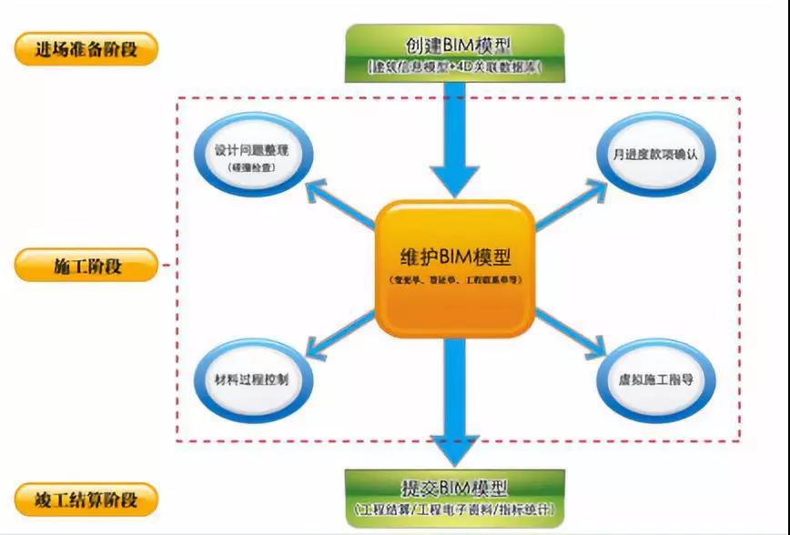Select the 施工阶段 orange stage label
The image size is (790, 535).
(86, 267)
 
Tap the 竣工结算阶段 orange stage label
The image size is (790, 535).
(86, 500)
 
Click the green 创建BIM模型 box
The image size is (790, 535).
(453, 53)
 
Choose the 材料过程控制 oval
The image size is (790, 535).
(255, 379)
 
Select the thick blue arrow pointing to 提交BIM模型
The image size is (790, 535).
(453, 400)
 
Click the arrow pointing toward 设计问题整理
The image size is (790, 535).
(341, 202)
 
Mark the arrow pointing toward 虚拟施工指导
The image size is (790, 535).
(570, 333)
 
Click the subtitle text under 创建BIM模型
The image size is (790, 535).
(453, 68)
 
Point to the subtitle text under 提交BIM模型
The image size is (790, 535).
(453, 510)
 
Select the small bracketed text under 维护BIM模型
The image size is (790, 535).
(453, 282)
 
